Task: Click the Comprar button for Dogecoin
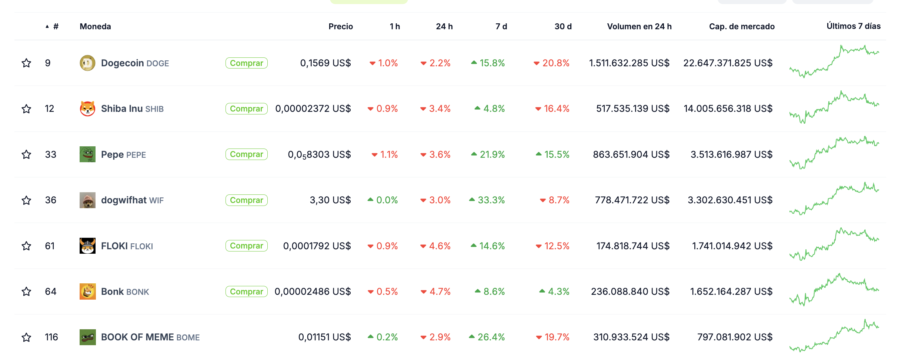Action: pyautogui.click(x=246, y=63)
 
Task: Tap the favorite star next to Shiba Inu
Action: pyautogui.click(x=26, y=109)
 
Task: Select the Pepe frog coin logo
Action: pyautogui.click(x=87, y=154)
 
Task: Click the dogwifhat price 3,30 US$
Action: pyautogui.click(x=330, y=200)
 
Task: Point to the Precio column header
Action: pyautogui.click(x=340, y=26)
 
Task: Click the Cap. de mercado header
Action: pyautogui.click(x=741, y=26)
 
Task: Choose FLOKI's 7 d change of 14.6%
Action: pyautogui.click(x=491, y=246)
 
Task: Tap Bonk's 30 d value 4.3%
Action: pyautogui.click(x=558, y=291)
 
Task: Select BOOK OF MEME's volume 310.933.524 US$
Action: pyautogui.click(x=631, y=337)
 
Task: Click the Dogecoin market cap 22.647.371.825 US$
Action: pyautogui.click(x=728, y=63)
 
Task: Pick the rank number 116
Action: pyautogui.click(x=51, y=337)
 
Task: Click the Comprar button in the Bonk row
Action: pyautogui.click(x=246, y=291)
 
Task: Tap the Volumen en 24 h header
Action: pyautogui.click(x=639, y=26)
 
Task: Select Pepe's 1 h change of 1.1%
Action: pyautogui.click(x=388, y=154)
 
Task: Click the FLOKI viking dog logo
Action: pyautogui.click(x=87, y=246)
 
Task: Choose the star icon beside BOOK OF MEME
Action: pyautogui.click(x=26, y=337)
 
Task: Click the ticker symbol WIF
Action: pyautogui.click(x=156, y=200)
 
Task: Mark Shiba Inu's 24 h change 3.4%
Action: pyautogui.click(x=439, y=109)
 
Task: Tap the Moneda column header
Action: pyautogui.click(x=95, y=26)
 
